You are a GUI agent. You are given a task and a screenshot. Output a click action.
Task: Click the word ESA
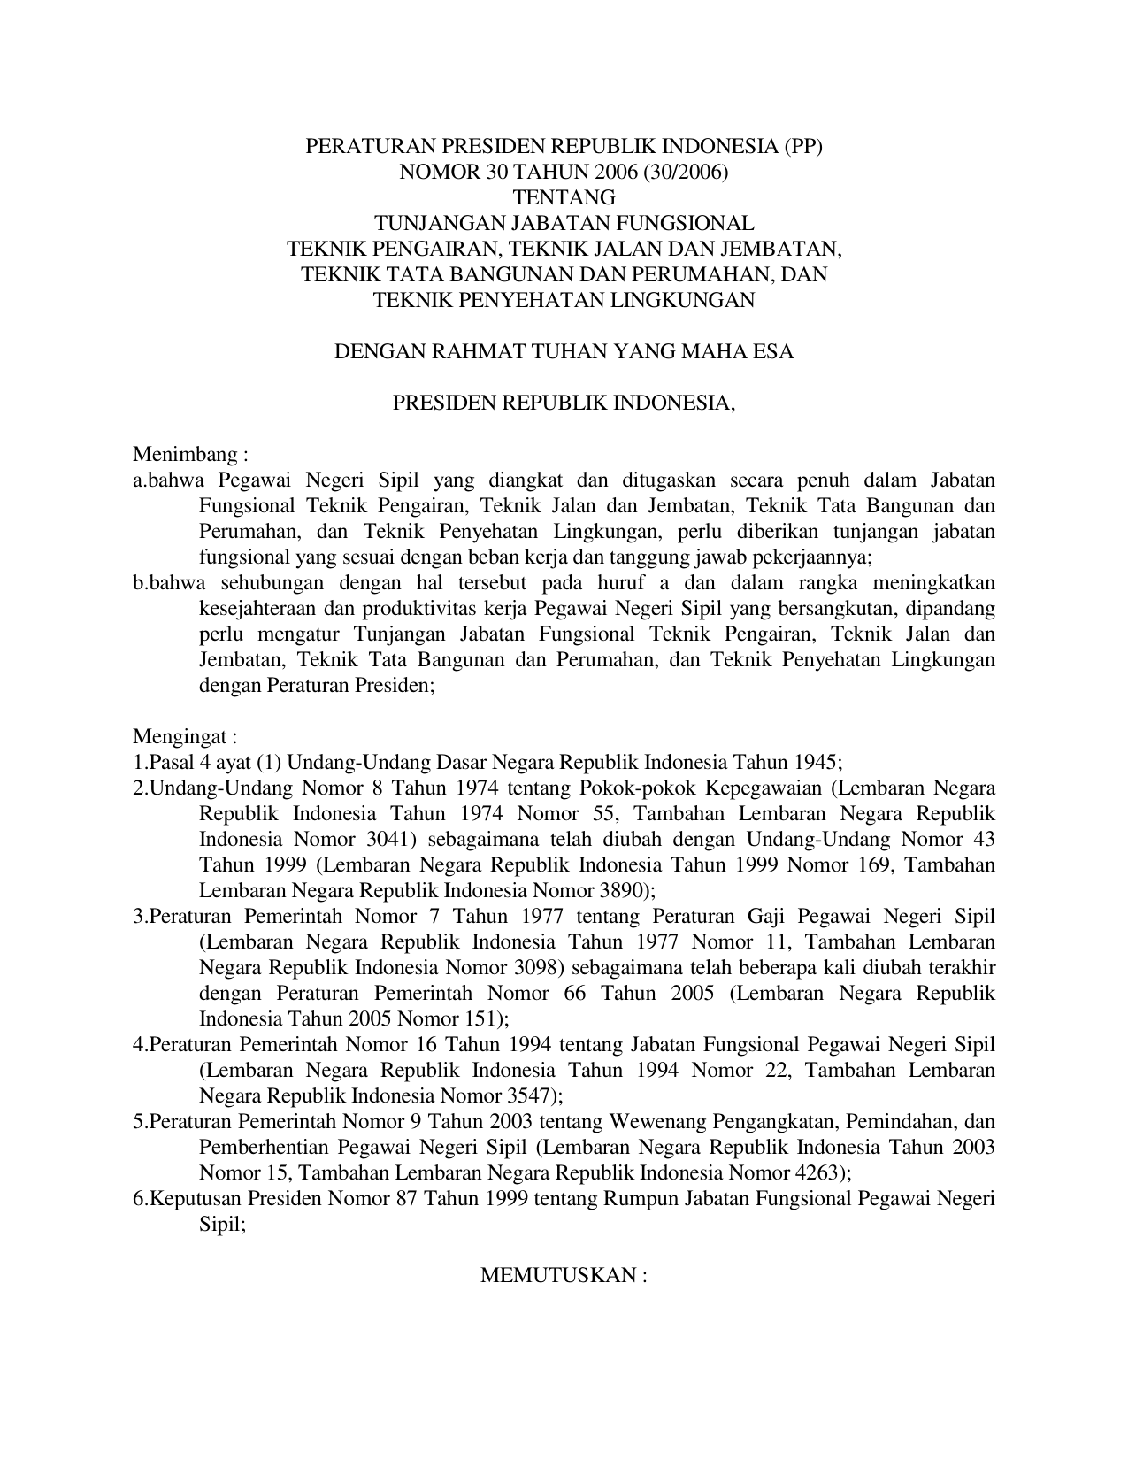pos(773,351)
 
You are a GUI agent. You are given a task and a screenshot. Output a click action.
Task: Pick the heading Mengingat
pos(184,737)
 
